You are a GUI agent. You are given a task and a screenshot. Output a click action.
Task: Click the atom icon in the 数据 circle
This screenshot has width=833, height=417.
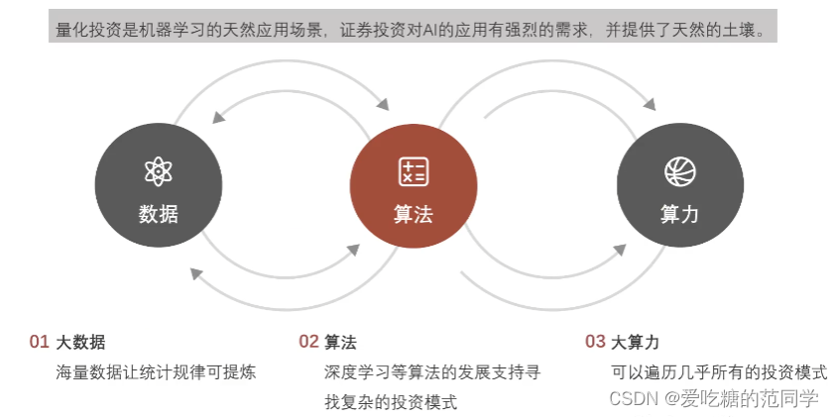(158, 172)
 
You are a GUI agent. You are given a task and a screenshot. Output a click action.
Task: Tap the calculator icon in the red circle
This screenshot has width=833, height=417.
(413, 171)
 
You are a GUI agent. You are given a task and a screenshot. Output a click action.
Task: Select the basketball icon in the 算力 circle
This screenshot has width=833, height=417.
(679, 172)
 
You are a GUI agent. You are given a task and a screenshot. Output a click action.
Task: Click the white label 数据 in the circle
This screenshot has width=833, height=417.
(159, 214)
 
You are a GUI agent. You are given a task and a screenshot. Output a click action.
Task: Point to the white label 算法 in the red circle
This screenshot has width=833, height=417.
(413, 214)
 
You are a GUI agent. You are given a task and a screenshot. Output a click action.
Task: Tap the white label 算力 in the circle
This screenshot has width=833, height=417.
(679, 214)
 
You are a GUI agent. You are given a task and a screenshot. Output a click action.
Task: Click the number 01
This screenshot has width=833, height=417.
(39, 343)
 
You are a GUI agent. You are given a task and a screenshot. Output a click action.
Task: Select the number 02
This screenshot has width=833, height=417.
(308, 343)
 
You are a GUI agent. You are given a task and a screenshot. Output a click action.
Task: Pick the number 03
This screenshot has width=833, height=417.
(595, 343)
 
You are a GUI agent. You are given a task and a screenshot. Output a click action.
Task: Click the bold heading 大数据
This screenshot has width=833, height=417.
(81, 343)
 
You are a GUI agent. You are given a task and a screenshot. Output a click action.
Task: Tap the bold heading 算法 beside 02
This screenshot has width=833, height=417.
(340, 343)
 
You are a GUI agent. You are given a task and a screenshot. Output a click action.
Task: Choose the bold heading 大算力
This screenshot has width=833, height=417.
(635, 343)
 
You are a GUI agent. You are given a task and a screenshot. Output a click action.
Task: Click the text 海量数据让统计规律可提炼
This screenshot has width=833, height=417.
(157, 372)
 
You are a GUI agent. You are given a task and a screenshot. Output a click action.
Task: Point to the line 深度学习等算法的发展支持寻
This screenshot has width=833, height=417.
(432, 372)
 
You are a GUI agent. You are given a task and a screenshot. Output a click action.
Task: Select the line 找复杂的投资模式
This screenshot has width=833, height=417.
(391, 402)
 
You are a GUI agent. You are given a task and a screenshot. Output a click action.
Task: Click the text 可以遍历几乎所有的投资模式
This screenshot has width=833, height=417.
(719, 372)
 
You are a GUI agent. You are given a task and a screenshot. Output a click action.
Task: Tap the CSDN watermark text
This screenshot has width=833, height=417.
(714, 398)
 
